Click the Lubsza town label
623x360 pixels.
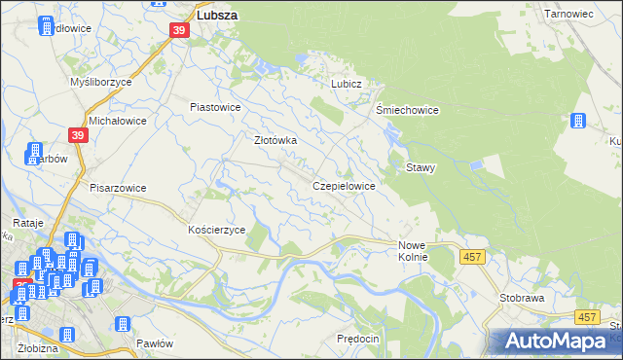(x=218, y=16)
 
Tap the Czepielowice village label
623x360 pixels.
(x=344, y=185)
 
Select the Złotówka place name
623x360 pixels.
(x=275, y=140)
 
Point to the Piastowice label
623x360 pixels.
(x=215, y=107)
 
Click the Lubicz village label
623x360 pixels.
(x=347, y=84)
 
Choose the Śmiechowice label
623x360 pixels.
(x=407, y=110)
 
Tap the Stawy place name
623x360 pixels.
(x=421, y=167)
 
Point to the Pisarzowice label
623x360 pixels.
(x=117, y=188)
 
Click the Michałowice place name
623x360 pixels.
(x=117, y=121)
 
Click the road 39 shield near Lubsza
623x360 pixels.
(x=178, y=30)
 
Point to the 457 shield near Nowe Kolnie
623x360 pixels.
(x=472, y=256)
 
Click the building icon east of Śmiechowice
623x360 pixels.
(x=578, y=121)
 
